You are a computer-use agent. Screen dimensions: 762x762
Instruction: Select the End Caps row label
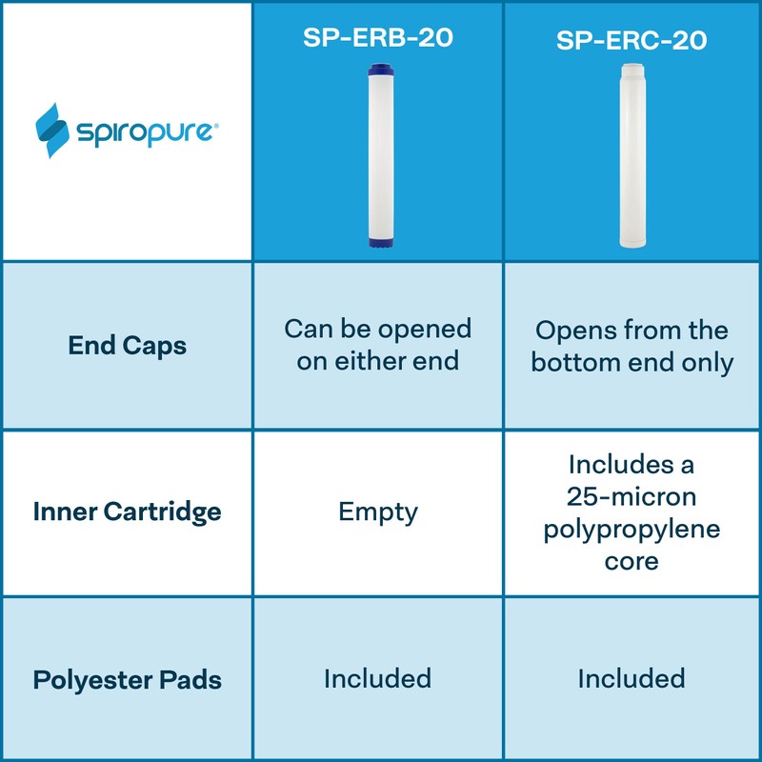(x=128, y=346)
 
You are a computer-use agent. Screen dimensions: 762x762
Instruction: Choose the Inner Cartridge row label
(x=128, y=511)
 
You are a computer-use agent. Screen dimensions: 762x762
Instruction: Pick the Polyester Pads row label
(x=128, y=680)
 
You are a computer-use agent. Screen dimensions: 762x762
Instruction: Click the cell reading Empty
(x=378, y=511)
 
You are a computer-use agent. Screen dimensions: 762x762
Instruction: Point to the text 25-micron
(x=632, y=497)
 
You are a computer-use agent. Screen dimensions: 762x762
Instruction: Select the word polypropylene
(x=632, y=530)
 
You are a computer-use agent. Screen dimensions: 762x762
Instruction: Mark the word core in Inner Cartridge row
(x=632, y=561)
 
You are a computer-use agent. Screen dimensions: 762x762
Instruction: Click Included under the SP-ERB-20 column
(x=377, y=679)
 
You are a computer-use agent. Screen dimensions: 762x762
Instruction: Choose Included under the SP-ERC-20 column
(x=631, y=679)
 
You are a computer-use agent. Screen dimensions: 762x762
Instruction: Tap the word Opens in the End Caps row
(x=574, y=331)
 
